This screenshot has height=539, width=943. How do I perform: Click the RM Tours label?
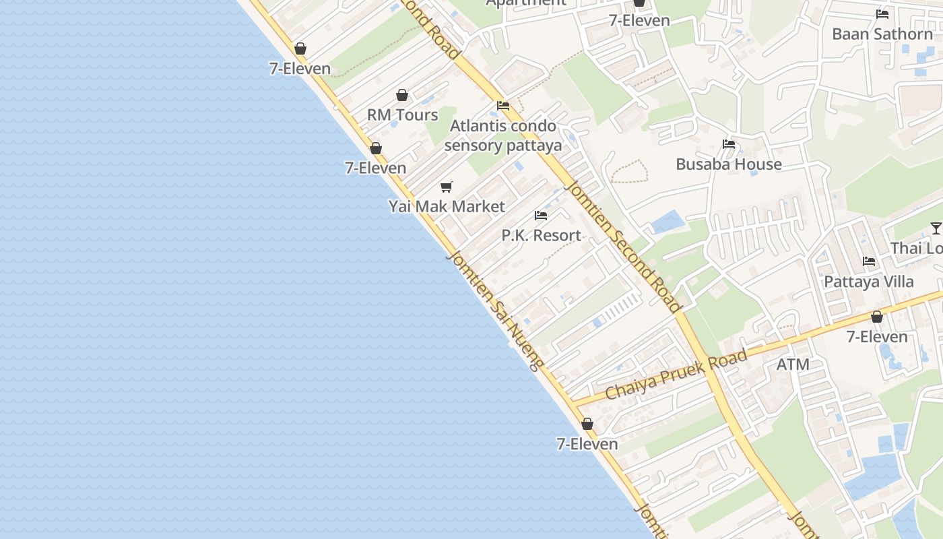pos(402,115)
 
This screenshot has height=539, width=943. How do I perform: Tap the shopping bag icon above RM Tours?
pos(402,96)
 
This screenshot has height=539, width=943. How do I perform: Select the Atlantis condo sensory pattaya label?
pos(503,135)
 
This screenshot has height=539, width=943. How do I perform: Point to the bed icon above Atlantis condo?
pos(503,106)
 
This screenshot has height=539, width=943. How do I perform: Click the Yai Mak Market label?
pos(447,207)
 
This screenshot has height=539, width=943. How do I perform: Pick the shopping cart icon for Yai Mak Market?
pos(447,187)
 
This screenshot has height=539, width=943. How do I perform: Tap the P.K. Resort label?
pos(541,235)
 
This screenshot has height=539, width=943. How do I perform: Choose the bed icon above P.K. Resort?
pos(541,216)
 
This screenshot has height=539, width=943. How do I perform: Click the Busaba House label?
pos(729,164)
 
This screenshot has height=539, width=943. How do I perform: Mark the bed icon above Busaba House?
pos(729,144)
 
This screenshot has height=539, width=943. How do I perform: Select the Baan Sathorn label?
pos(882,34)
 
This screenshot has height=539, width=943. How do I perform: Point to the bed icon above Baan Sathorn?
pos(882,14)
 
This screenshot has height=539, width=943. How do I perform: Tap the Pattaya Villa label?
pos(869,282)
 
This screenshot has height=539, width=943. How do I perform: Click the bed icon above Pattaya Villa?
pos(869,261)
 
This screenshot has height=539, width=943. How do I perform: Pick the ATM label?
pos(793,364)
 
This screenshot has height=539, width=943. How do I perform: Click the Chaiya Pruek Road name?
pos(676,375)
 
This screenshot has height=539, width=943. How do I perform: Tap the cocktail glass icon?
pos(936,228)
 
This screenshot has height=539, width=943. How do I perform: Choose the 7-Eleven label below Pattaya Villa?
pos(877,337)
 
